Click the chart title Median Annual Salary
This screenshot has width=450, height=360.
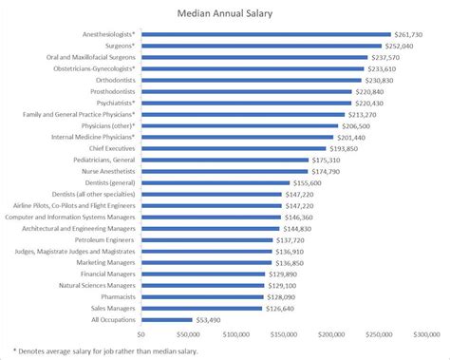224,14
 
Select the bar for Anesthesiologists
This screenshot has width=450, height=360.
265,34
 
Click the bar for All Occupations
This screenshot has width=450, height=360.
166,320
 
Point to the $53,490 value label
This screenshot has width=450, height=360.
211,320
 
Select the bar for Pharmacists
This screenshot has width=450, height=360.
201,297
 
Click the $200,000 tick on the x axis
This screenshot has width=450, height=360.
332,334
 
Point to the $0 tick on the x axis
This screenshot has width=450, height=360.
141,334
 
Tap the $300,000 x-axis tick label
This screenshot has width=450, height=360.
427,334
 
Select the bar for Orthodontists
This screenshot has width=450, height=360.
251,80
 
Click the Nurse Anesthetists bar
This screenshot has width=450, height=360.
224,172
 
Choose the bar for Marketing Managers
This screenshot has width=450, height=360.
206,263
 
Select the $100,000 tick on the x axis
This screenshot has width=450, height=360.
236,334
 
